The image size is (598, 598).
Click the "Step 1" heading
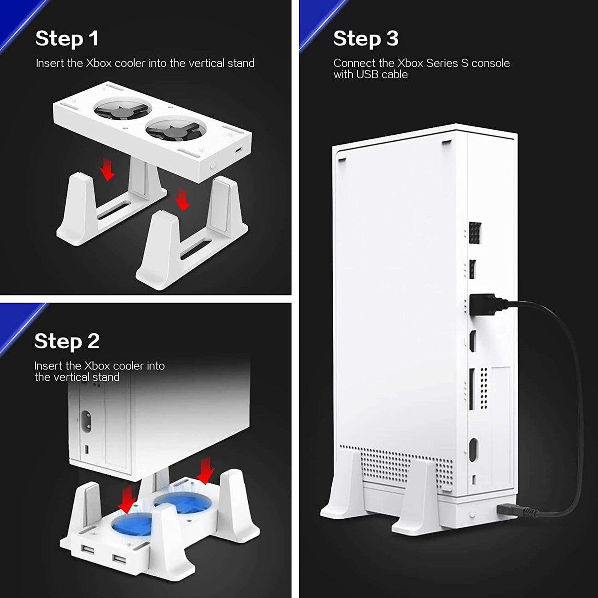(67, 39)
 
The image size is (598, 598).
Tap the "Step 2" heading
(67, 341)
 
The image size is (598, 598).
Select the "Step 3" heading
(366, 39)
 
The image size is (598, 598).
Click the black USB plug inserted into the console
(487, 305)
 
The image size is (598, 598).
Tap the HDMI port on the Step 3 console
(472, 341)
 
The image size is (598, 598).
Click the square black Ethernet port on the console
(475, 233)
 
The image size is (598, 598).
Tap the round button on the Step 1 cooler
(213, 166)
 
